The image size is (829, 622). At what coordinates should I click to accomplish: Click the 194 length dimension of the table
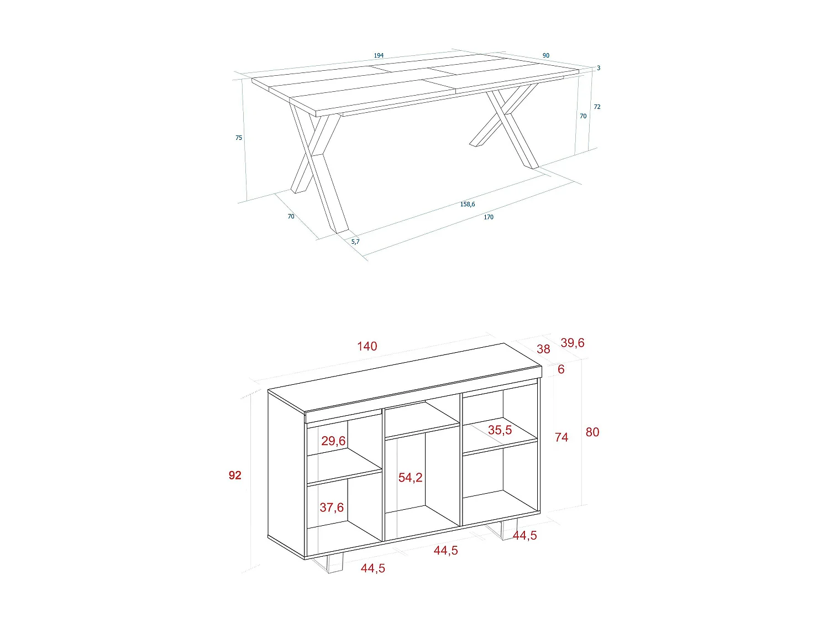click(x=379, y=56)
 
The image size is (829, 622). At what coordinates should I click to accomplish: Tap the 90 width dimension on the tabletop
click(x=546, y=56)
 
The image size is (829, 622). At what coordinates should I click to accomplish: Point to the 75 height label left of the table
click(x=239, y=138)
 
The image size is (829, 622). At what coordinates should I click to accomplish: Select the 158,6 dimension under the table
click(x=468, y=205)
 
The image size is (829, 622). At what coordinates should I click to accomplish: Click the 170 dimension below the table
click(x=489, y=217)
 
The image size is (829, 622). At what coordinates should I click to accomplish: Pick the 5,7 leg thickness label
click(x=355, y=242)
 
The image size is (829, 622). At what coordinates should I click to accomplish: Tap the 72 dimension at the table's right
click(x=597, y=107)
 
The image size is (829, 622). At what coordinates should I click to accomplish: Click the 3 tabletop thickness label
click(x=599, y=69)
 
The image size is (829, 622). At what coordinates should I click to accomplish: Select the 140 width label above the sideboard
click(x=367, y=347)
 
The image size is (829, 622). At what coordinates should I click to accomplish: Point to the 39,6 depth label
click(x=572, y=343)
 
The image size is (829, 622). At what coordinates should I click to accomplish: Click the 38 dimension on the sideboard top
click(x=543, y=349)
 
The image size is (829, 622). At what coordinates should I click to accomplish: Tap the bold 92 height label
click(x=235, y=475)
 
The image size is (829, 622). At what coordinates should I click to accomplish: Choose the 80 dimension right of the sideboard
click(x=592, y=432)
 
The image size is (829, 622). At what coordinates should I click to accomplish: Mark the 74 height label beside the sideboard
click(x=562, y=438)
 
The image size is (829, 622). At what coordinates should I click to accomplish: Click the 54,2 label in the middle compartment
click(x=410, y=478)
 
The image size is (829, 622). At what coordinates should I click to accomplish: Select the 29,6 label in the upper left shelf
click(x=333, y=441)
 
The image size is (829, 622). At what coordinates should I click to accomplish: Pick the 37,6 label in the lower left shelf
click(x=332, y=508)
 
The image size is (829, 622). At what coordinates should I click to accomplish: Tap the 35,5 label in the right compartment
click(x=500, y=430)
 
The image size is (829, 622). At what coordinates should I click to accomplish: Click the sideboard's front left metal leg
click(x=331, y=564)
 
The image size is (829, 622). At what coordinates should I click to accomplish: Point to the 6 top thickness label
click(x=561, y=369)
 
